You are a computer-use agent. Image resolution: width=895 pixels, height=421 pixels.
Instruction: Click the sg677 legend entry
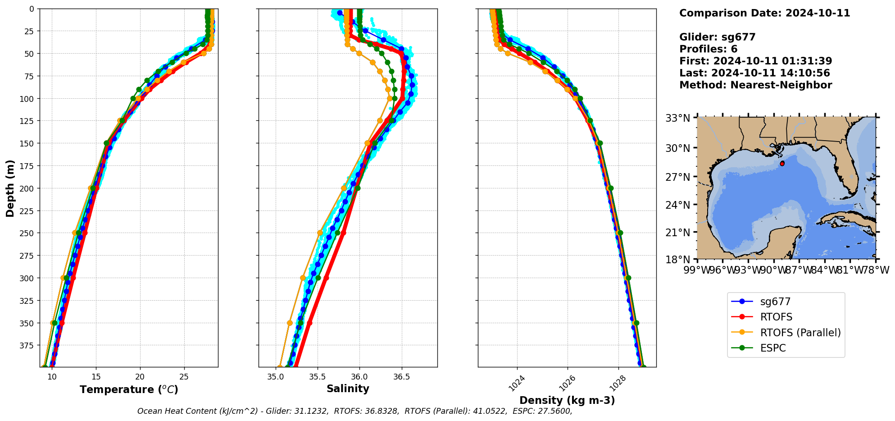click(x=775, y=302)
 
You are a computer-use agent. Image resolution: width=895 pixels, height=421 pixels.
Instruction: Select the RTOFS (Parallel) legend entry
click(x=800, y=333)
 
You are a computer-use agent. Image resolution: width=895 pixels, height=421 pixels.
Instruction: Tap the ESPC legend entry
click(x=772, y=348)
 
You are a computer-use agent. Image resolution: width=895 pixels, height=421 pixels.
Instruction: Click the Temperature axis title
click(x=129, y=389)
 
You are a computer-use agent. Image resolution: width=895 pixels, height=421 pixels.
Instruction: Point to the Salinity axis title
click(x=348, y=389)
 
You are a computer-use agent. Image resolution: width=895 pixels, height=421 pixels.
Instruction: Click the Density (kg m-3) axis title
click(x=567, y=400)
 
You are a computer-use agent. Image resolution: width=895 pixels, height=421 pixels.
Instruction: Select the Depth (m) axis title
click(x=10, y=188)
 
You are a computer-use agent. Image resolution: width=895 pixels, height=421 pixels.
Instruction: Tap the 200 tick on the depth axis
click(x=28, y=188)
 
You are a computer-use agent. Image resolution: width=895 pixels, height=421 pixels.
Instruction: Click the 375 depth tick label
click(x=28, y=345)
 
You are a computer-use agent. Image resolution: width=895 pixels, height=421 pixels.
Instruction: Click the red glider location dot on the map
click(x=782, y=164)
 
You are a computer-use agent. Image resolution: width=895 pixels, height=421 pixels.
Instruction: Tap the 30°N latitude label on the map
click(x=677, y=148)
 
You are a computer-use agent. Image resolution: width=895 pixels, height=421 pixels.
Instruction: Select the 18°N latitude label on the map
click(x=677, y=260)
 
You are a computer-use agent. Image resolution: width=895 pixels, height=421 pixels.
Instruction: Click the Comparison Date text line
click(x=764, y=13)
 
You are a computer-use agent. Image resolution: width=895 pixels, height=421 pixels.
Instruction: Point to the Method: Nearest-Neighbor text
click(x=755, y=85)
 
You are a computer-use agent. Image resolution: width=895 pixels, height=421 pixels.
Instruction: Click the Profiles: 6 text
click(x=708, y=49)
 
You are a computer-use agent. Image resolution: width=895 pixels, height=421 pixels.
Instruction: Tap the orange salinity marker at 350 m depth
click(x=290, y=323)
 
